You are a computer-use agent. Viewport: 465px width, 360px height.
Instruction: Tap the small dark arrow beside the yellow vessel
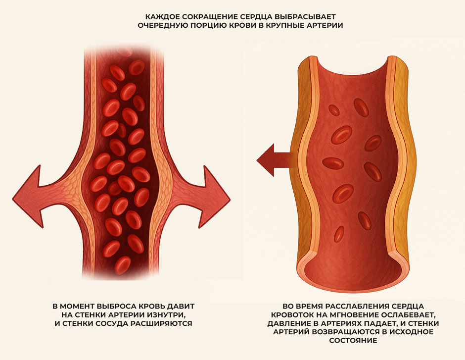(x=275, y=160)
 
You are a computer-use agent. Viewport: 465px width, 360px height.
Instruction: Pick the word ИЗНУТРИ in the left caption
(x=167, y=314)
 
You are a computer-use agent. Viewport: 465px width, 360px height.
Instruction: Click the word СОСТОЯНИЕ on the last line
(x=353, y=340)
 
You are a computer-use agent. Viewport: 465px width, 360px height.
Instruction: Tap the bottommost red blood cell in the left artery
(x=123, y=265)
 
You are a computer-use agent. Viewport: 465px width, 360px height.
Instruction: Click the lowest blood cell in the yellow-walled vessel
(x=339, y=234)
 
